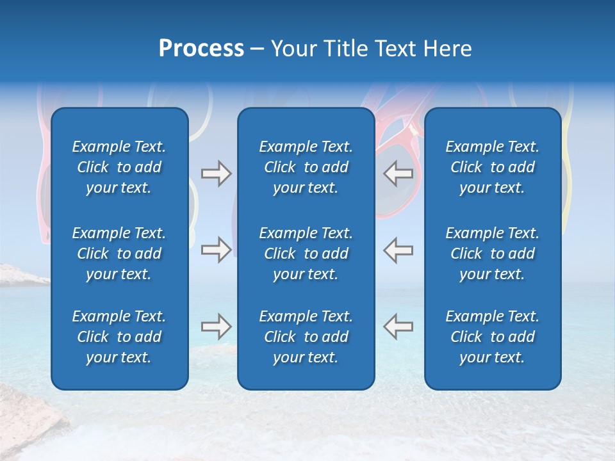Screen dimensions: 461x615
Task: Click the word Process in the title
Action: click(x=201, y=49)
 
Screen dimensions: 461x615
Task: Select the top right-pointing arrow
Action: click(x=216, y=174)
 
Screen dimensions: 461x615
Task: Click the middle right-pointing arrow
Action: click(x=216, y=250)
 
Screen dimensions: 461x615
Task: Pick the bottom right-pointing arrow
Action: click(x=216, y=327)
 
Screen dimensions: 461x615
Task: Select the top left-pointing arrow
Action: click(x=398, y=174)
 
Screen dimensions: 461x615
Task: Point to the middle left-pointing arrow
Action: click(x=398, y=250)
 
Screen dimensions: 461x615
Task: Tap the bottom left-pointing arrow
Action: click(x=398, y=327)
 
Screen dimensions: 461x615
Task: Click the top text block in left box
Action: click(x=119, y=167)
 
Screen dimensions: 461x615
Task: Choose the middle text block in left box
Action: click(x=119, y=254)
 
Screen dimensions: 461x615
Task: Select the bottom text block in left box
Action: click(x=119, y=337)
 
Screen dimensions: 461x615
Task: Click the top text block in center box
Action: click(x=306, y=167)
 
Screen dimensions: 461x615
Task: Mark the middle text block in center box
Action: click(x=306, y=254)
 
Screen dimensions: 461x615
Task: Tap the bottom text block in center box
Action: click(x=306, y=337)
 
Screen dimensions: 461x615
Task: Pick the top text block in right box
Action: click(x=492, y=167)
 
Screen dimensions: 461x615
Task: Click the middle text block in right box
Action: click(x=492, y=254)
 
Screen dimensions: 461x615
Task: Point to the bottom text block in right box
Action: click(x=492, y=337)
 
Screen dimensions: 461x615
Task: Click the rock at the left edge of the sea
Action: click(x=19, y=274)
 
